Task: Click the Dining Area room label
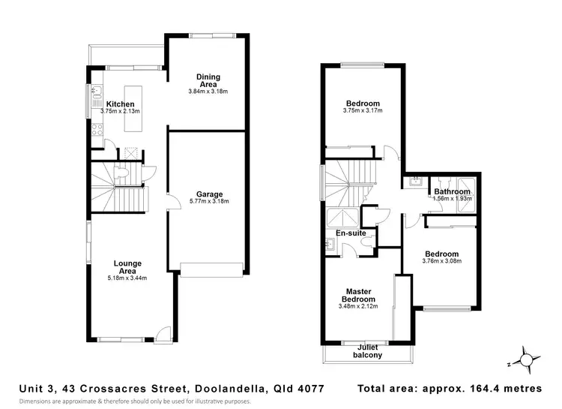coord(208,80)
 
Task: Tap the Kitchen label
coord(120,104)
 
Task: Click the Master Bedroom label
coord(360,295)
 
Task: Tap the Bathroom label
coord(452,192)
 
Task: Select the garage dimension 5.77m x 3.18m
coord(208,201)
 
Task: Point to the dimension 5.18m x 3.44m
coord(127,278)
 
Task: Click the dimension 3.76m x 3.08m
coord(442,261)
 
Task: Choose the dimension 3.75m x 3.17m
coord(362,111)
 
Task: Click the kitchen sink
coord(96,92)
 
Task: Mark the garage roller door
coord(211,270)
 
